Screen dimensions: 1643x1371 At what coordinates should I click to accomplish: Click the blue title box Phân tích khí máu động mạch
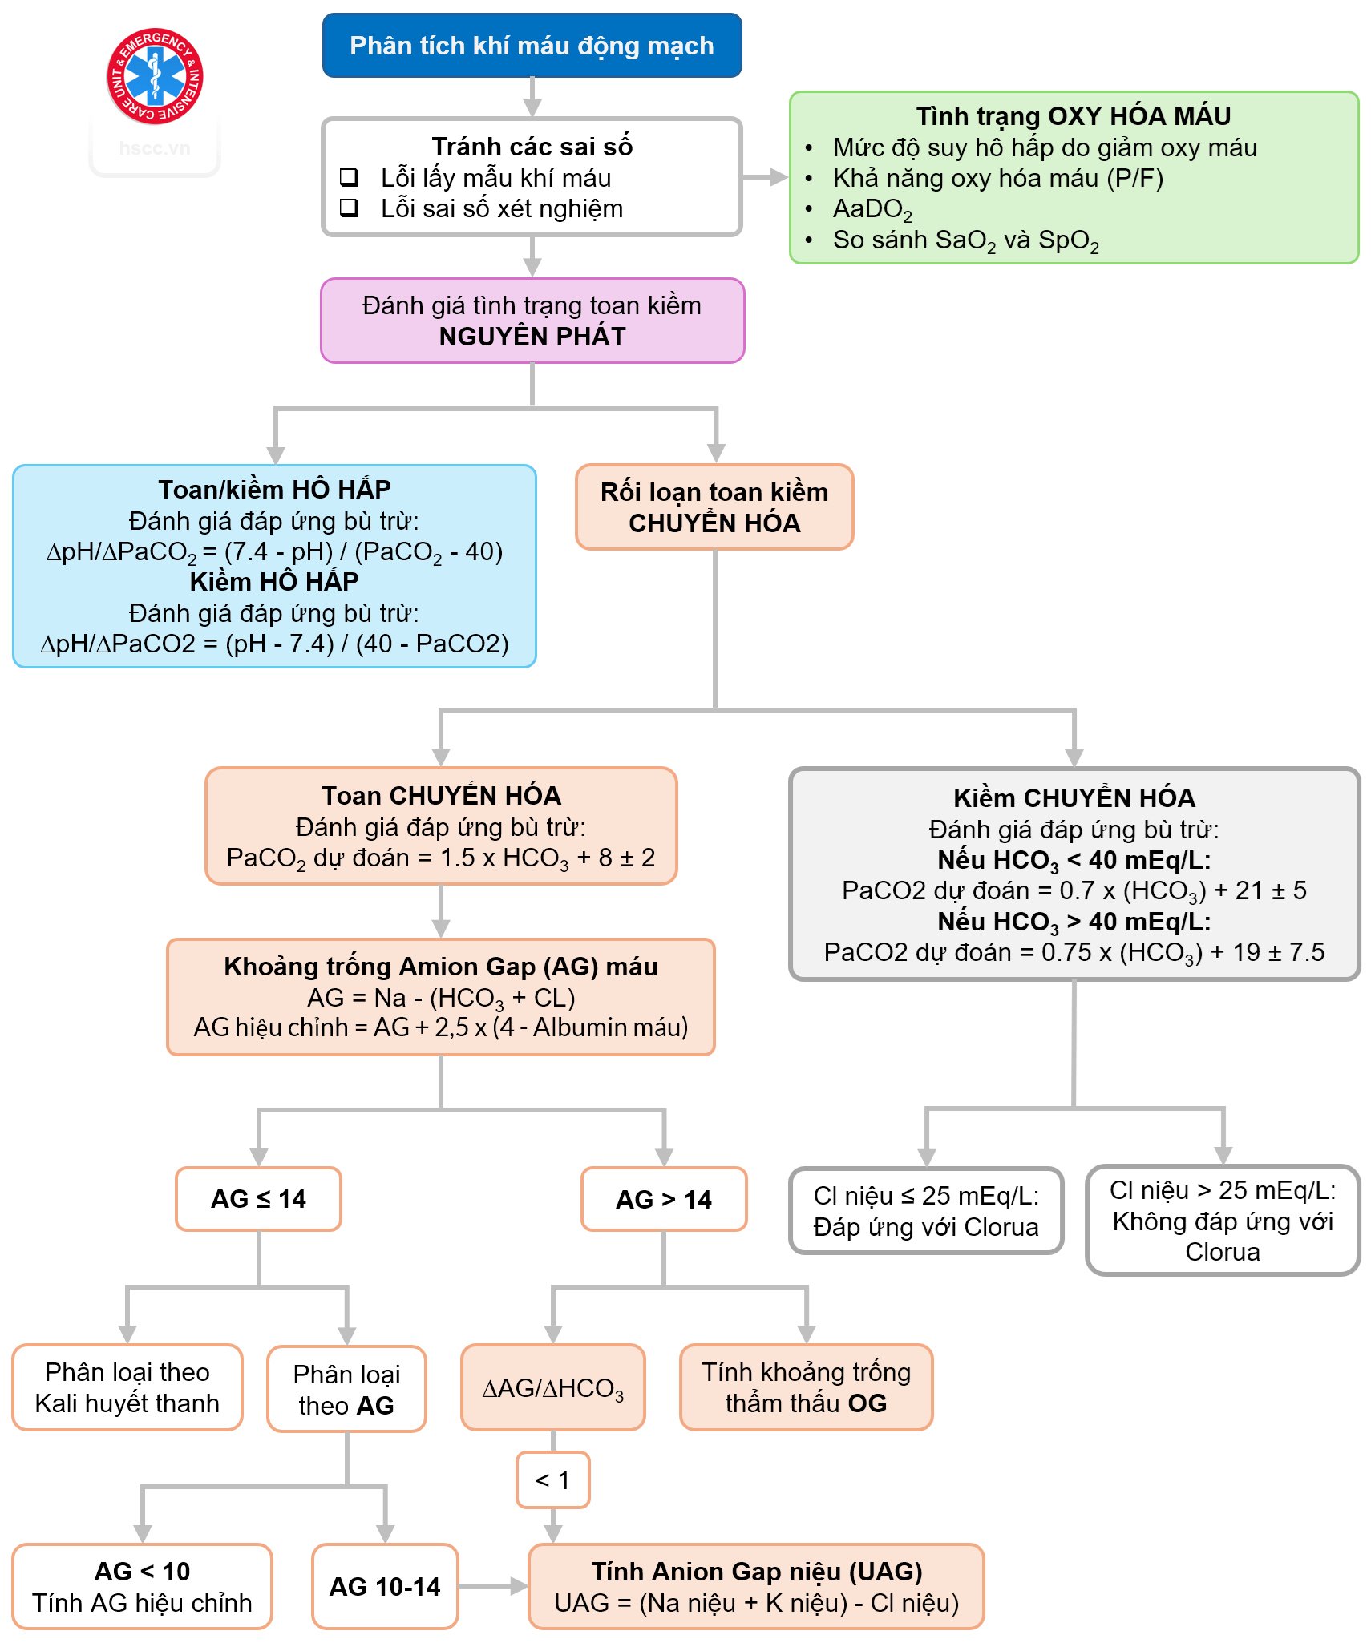[x=532, y=46]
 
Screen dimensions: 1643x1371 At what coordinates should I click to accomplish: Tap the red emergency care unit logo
[x=155, y=77]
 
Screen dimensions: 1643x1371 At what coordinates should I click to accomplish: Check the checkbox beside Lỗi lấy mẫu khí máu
[x=349, y=177]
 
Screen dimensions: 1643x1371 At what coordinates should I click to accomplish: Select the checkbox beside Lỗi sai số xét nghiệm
[x=349, y=208]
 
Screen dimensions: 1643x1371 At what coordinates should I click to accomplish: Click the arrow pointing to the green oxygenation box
[x=766, y=177]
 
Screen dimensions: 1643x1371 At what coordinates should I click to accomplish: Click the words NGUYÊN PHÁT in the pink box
[x=532, y=337]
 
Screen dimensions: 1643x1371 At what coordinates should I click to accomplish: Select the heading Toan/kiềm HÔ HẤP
[x=274, y=489]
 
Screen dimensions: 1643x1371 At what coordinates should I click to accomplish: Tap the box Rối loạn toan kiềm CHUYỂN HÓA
[x=714, y=507]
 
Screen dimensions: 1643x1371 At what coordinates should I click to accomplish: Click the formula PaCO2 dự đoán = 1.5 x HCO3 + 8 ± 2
[x=440, y=858]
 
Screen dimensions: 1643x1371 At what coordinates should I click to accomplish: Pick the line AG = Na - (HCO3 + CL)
[x=441, y=998]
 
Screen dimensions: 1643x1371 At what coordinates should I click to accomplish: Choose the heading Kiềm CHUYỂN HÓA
[x=1074, y=798]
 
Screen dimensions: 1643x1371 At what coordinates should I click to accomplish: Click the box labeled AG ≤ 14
[x=258, y=1199]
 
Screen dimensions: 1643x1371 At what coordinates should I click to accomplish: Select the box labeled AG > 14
[x=663, y=1200]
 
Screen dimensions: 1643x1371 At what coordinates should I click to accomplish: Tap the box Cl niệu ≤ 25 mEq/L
[x=926, y=1211]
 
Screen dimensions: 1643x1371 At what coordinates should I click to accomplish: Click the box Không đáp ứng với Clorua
[x=1222, y=1221]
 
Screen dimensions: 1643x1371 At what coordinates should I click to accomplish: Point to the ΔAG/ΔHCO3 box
[x=552, y=1388]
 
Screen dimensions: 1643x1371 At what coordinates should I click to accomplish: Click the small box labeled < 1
[x=552, y=1480]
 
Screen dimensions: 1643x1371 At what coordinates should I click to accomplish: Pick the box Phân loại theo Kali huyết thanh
[x=127, y=1388]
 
